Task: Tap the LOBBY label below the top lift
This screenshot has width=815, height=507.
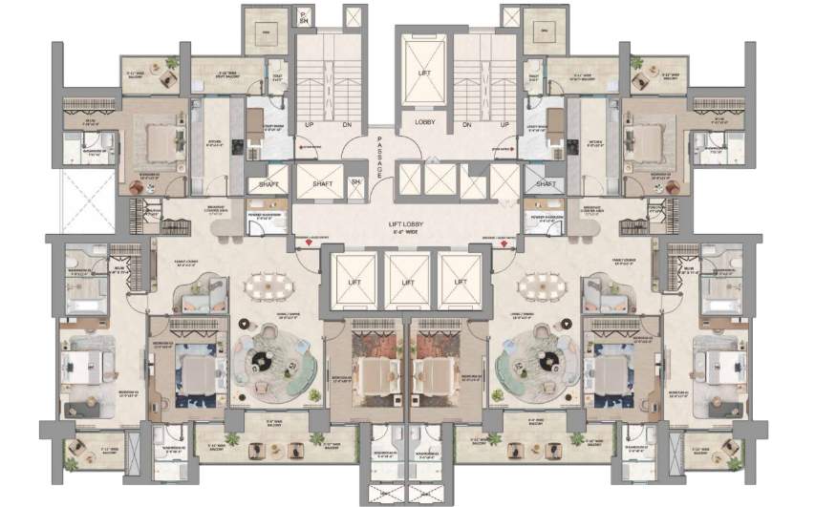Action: coord(425,122)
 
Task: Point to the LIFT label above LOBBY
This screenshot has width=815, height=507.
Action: coord(425,73)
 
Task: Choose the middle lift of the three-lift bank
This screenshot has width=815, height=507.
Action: coord(408,283)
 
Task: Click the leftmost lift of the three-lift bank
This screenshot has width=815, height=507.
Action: coord(354,283)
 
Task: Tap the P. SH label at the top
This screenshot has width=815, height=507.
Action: coord(304,17)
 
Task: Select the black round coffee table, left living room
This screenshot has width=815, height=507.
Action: coord(261,360)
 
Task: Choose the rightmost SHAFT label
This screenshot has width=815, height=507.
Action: coord(546,184)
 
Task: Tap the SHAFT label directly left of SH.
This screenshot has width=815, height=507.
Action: coord(314,182)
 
